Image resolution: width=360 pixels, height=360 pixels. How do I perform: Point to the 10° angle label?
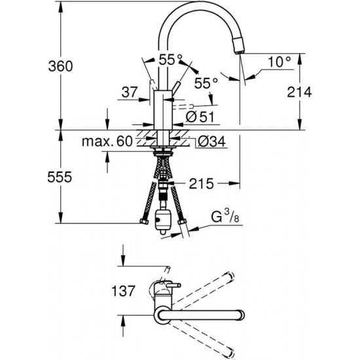click(278, 62)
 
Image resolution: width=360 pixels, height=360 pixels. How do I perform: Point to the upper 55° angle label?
click(171, 60)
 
